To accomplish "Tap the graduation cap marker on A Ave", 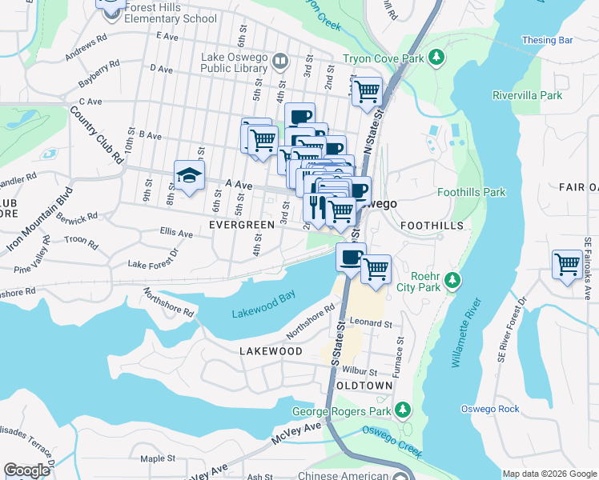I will [190, 178].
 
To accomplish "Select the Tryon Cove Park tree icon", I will [436, 58].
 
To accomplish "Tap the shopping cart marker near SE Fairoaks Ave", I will [567, 263].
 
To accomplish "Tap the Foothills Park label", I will [472, 192].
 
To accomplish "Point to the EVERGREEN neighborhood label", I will [242, 226].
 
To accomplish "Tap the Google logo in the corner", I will [27, 470].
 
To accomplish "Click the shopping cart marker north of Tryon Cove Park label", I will [367, 90].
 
